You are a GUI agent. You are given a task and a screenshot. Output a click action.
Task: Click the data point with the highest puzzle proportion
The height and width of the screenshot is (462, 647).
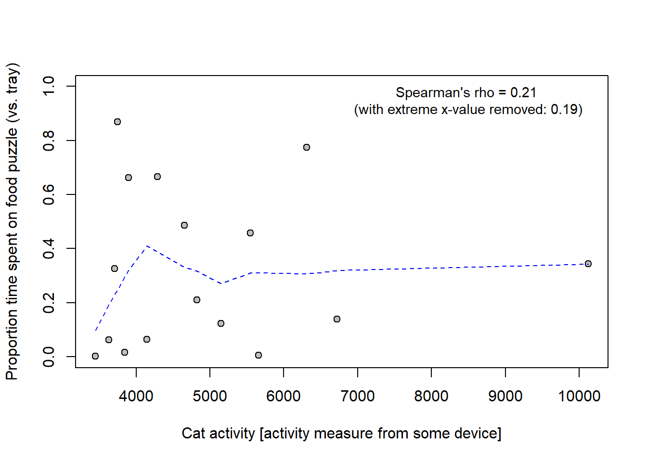click(x=117, y=122)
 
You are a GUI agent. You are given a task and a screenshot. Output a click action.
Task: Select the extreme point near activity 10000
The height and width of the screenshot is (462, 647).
click(x=588, y=264)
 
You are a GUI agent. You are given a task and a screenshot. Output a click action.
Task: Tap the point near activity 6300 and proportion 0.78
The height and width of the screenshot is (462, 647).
click(x=307, y=147)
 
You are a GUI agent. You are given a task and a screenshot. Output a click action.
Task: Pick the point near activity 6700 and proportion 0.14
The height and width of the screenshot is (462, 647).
click(x=337, y=319)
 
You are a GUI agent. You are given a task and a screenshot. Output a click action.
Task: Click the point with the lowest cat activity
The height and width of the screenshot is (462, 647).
click(x=95, y=356)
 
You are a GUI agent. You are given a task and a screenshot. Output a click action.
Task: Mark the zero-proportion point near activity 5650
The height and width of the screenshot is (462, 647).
click(x=259, y=355)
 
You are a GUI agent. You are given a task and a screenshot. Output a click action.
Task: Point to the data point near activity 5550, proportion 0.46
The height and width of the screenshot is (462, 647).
click(x=250, y=233)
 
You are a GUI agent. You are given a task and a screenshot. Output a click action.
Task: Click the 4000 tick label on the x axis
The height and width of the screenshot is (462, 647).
click(x=136, y=396)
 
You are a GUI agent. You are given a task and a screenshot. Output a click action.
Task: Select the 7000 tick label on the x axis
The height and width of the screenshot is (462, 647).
click(x=358, y=396)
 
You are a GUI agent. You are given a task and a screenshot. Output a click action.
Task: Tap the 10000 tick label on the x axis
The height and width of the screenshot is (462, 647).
click(x=579, y=396)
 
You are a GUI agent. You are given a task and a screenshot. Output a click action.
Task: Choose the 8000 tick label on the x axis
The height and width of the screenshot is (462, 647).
click(x=431, y=396)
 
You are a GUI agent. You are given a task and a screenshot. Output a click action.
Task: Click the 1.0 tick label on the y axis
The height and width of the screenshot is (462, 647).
click(x=49, y=86)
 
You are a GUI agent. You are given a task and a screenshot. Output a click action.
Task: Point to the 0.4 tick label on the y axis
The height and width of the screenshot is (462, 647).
click(x=49, y=248)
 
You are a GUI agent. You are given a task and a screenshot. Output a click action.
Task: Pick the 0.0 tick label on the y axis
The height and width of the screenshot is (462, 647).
click(x=49, y=357)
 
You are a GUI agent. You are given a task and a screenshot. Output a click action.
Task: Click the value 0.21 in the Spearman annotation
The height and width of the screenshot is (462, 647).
click(x=523, y=92)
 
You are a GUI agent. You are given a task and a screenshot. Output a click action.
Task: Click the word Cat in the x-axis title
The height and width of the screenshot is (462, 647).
click(x=193, y=433)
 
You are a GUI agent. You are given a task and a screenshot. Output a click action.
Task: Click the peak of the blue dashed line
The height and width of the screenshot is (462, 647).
click(x=147, y=246)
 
